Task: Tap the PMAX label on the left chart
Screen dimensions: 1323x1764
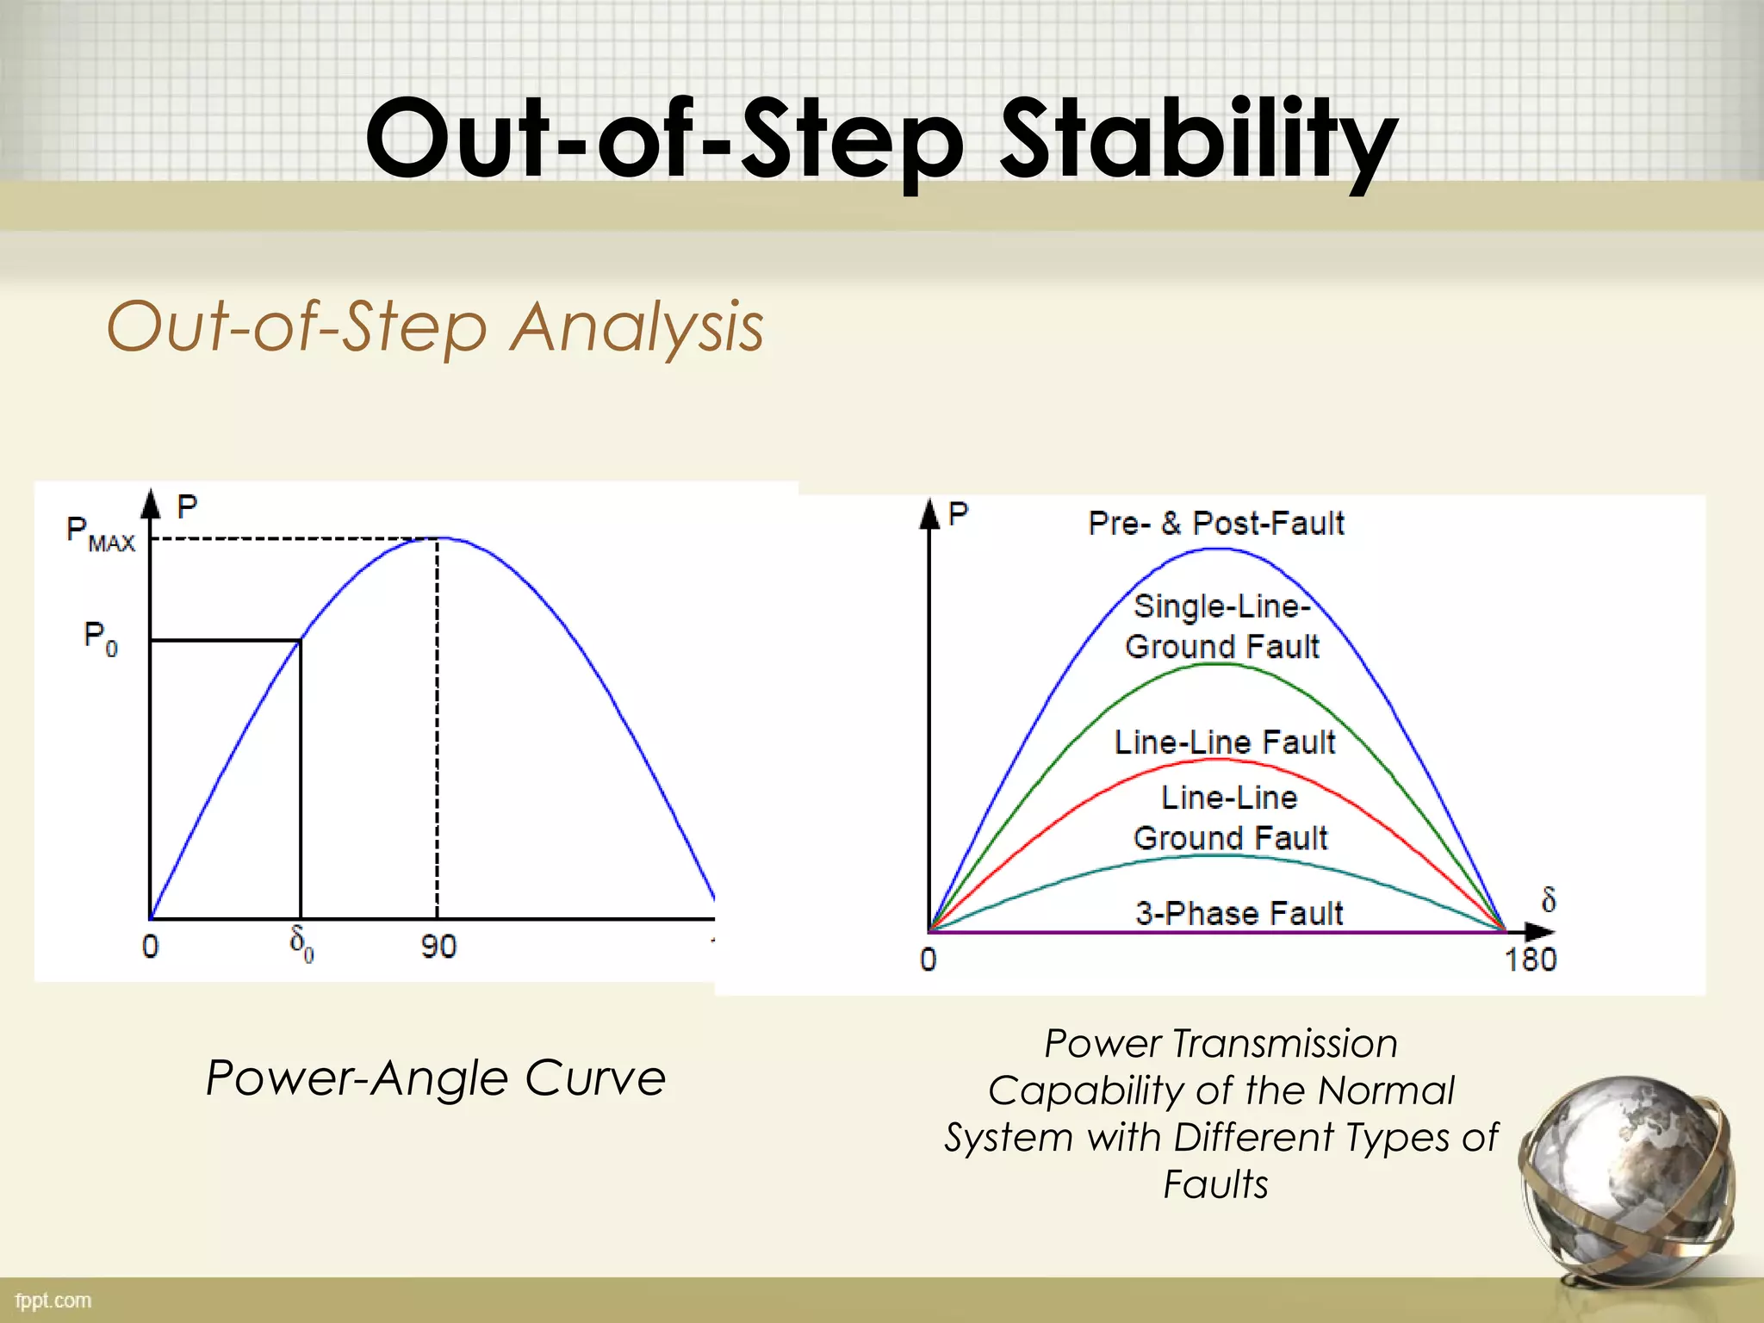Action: [100, 534]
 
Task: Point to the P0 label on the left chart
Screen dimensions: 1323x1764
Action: [100, 638]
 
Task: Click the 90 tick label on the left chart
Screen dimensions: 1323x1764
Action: [438, 947]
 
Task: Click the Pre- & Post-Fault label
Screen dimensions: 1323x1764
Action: [1215, 523]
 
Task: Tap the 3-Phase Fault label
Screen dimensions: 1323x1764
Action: [1239, 913]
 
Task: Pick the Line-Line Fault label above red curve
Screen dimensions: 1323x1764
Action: [1224, 742]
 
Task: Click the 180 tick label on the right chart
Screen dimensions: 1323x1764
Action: [1530, 960]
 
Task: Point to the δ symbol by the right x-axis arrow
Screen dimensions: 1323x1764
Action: [1548, 901]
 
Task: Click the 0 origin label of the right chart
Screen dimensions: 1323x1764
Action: [928, 960]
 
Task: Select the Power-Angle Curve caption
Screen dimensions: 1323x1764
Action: [436, 1078]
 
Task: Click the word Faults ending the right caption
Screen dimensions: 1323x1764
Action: [1215, 1184]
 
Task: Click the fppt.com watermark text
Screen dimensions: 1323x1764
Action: [53, 1301]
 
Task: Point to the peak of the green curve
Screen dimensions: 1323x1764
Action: [1214, 664]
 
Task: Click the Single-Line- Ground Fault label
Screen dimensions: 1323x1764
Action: [1221, 626]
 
